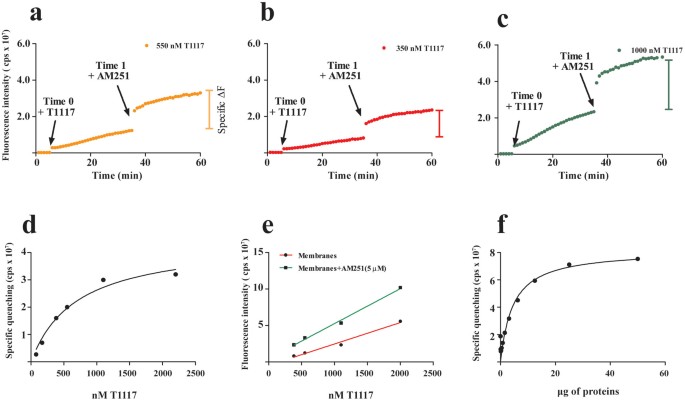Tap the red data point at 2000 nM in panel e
pos(400,322)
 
